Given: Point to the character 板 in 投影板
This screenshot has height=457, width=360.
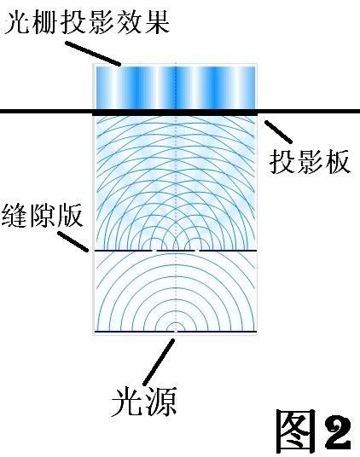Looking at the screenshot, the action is click(x=337, y=162).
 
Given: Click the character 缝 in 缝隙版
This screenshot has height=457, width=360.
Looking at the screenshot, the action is click(x=14, y=216).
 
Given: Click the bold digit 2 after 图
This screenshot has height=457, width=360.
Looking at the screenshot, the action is click(x=338, y=432).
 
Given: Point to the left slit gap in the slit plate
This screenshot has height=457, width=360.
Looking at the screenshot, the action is click(x=154, y=251).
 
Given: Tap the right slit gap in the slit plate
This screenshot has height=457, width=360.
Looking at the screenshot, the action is click(x=197, y=251).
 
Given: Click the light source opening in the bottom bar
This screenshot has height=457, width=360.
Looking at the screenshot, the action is click(x=175, y=332).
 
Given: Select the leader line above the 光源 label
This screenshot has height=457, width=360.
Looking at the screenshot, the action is click(x=159, y=362).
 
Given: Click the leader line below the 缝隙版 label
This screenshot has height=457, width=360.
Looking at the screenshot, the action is click(x=73, y=241).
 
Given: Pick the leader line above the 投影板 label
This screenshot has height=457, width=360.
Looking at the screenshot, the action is click(x=278, y=132).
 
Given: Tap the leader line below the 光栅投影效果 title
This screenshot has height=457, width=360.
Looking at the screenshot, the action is click(x=93, y=54).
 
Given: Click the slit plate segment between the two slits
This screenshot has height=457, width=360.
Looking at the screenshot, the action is click(x=176, y=251).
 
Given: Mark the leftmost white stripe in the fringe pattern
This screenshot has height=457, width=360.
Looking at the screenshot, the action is click(x=114, y=88).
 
